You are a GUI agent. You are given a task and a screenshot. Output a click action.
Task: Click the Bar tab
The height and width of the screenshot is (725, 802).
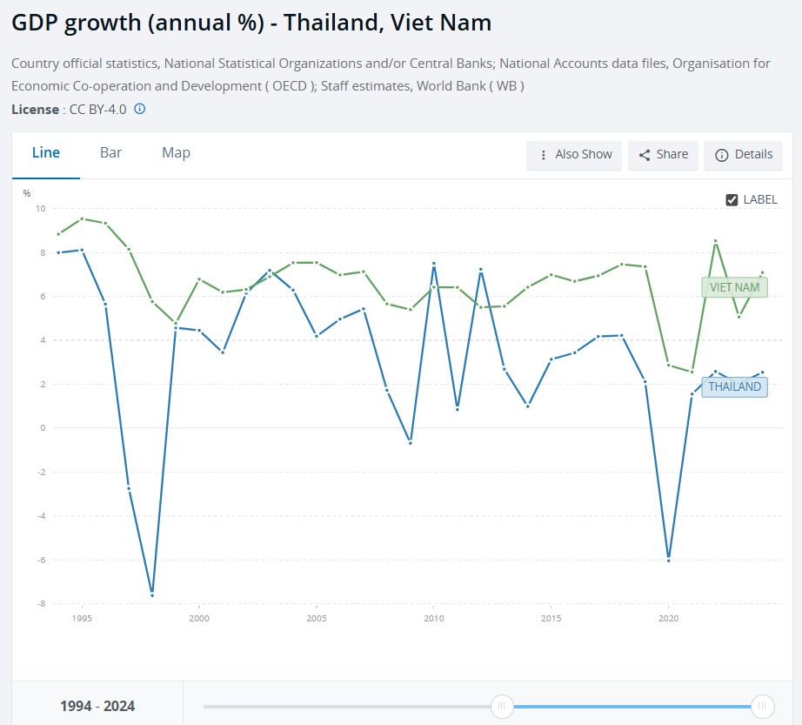110,153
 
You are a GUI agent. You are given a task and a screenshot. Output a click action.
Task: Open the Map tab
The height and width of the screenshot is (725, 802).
176,153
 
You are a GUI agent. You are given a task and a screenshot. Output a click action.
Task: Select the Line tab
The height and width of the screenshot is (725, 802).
46,153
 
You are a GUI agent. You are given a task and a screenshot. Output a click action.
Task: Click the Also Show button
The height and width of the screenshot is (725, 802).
574,155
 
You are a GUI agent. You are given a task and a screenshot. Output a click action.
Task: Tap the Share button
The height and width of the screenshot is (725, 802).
663,155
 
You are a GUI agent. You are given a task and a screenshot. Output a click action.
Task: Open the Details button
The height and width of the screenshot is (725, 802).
743,155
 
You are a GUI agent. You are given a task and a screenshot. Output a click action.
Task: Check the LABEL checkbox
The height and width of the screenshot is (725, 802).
732,199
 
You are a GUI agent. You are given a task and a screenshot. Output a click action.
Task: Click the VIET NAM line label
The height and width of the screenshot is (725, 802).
734,287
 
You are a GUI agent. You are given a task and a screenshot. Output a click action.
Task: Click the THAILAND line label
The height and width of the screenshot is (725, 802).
734,386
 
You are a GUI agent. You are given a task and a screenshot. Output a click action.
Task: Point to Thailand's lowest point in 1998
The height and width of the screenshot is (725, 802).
152,595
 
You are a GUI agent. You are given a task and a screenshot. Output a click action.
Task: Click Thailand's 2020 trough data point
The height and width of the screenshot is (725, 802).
669,561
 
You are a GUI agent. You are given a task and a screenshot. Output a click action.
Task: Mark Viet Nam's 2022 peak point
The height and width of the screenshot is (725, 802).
716,241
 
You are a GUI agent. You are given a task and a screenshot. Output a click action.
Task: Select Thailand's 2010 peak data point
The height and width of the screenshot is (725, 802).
434,264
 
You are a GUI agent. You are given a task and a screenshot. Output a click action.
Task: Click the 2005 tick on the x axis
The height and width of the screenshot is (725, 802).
317,618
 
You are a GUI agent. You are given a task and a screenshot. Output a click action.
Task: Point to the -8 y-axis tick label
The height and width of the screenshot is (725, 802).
40,604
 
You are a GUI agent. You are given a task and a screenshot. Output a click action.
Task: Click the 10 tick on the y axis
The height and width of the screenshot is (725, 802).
40,208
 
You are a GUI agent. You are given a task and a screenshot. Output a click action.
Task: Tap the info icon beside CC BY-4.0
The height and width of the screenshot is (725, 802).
140,109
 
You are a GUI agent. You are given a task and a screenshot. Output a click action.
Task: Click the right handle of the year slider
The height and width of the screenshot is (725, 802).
762,706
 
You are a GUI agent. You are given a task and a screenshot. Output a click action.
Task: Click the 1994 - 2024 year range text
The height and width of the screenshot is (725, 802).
97,706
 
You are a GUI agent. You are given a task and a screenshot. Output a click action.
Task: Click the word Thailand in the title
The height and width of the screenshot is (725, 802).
332,23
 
